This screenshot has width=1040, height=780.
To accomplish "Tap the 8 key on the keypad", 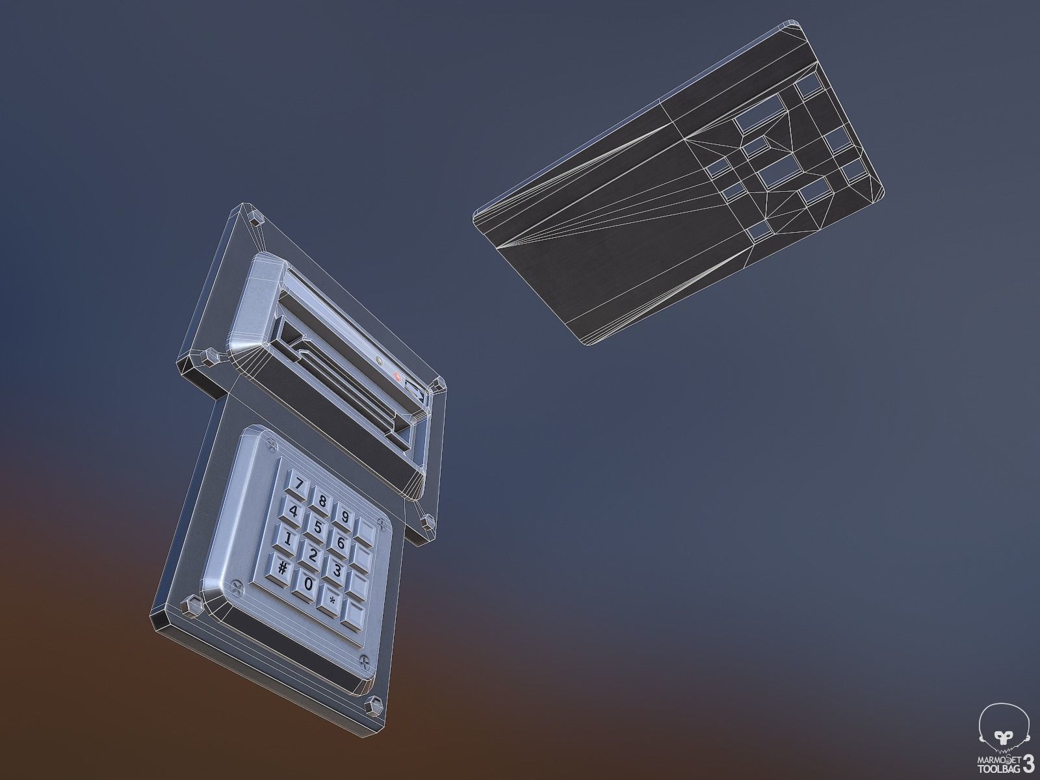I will point(321,500).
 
